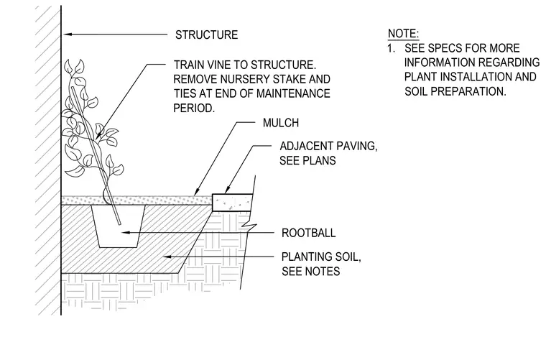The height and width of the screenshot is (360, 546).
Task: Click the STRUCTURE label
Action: pos(206,34)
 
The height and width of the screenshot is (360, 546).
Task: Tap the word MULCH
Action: pos(281,123)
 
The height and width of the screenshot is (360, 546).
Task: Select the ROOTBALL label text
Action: pos(308,233)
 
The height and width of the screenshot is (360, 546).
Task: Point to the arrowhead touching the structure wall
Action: pos(68,34)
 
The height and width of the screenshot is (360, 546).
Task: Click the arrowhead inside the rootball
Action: pos(125,232)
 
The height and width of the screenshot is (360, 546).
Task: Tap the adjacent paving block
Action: pos(232,203)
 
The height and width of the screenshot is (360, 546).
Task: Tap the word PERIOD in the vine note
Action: pos(194,109)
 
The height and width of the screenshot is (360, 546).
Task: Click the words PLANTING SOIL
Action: pos(321,257)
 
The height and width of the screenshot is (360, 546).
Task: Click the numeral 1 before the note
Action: pos(390,48)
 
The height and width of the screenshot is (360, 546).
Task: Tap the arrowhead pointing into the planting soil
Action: pos(168,257)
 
